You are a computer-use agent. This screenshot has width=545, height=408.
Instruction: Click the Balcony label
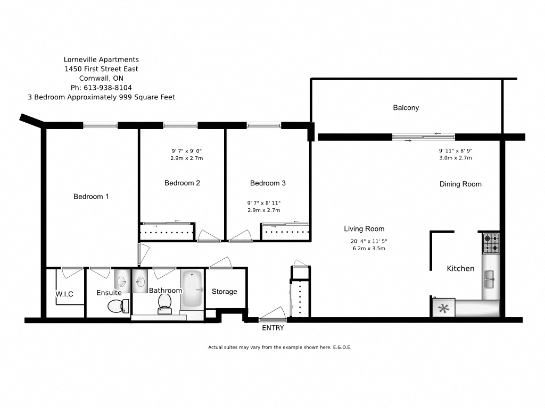tap(406, 108)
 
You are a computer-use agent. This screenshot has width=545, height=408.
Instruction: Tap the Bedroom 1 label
tap(91, 197)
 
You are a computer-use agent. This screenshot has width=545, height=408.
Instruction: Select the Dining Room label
tap(460, 184)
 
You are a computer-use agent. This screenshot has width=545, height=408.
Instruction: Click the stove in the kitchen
tap(491, 243)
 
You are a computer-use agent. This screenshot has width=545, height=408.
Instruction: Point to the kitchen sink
tap(489, 277)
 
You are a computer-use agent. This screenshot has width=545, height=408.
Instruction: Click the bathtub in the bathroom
tap(192, 290)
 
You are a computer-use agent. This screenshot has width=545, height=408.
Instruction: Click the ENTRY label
tap(273, 328)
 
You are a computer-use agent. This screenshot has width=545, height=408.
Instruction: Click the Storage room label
tap(224, 292)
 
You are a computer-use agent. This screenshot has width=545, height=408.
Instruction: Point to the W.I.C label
tap(64, 294)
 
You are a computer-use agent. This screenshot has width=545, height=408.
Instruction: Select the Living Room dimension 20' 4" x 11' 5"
tap(369, 241)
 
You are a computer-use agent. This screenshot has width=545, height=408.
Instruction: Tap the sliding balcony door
tap(424, 137)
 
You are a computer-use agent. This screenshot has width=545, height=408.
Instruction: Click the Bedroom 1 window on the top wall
tap(100, 125)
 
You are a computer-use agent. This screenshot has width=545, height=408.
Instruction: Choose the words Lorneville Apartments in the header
tap(101, 59)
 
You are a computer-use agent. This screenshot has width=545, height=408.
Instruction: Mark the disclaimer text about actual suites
tap(280, 347)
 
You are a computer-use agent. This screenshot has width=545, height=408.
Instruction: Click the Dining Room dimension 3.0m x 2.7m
tap(455, 158)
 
